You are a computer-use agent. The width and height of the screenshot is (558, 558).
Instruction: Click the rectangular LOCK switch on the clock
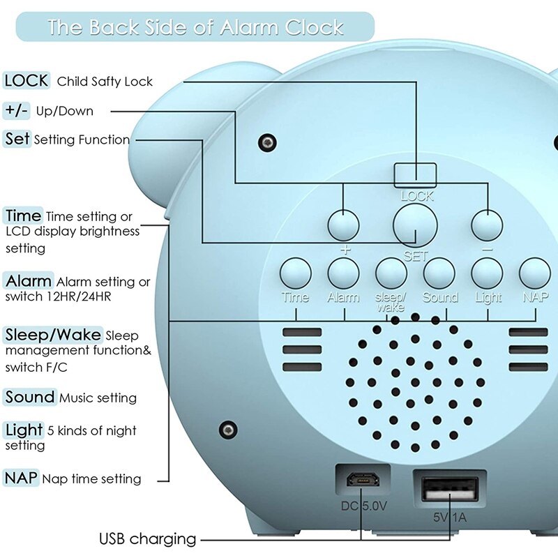click(x=416, y=174)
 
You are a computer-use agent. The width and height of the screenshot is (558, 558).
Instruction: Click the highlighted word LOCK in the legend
click(x=27, y=80)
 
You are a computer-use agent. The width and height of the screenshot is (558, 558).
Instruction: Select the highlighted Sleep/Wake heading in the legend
click(x=54, y=334)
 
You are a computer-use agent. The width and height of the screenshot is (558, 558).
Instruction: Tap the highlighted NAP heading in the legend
click(x=21, y=478)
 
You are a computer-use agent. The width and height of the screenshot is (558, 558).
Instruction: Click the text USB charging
click(x=147, y=538)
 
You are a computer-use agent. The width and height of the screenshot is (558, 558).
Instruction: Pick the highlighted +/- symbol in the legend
click(x=17, y=110)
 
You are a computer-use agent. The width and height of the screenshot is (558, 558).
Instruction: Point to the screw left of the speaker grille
click(x=226, y=428)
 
